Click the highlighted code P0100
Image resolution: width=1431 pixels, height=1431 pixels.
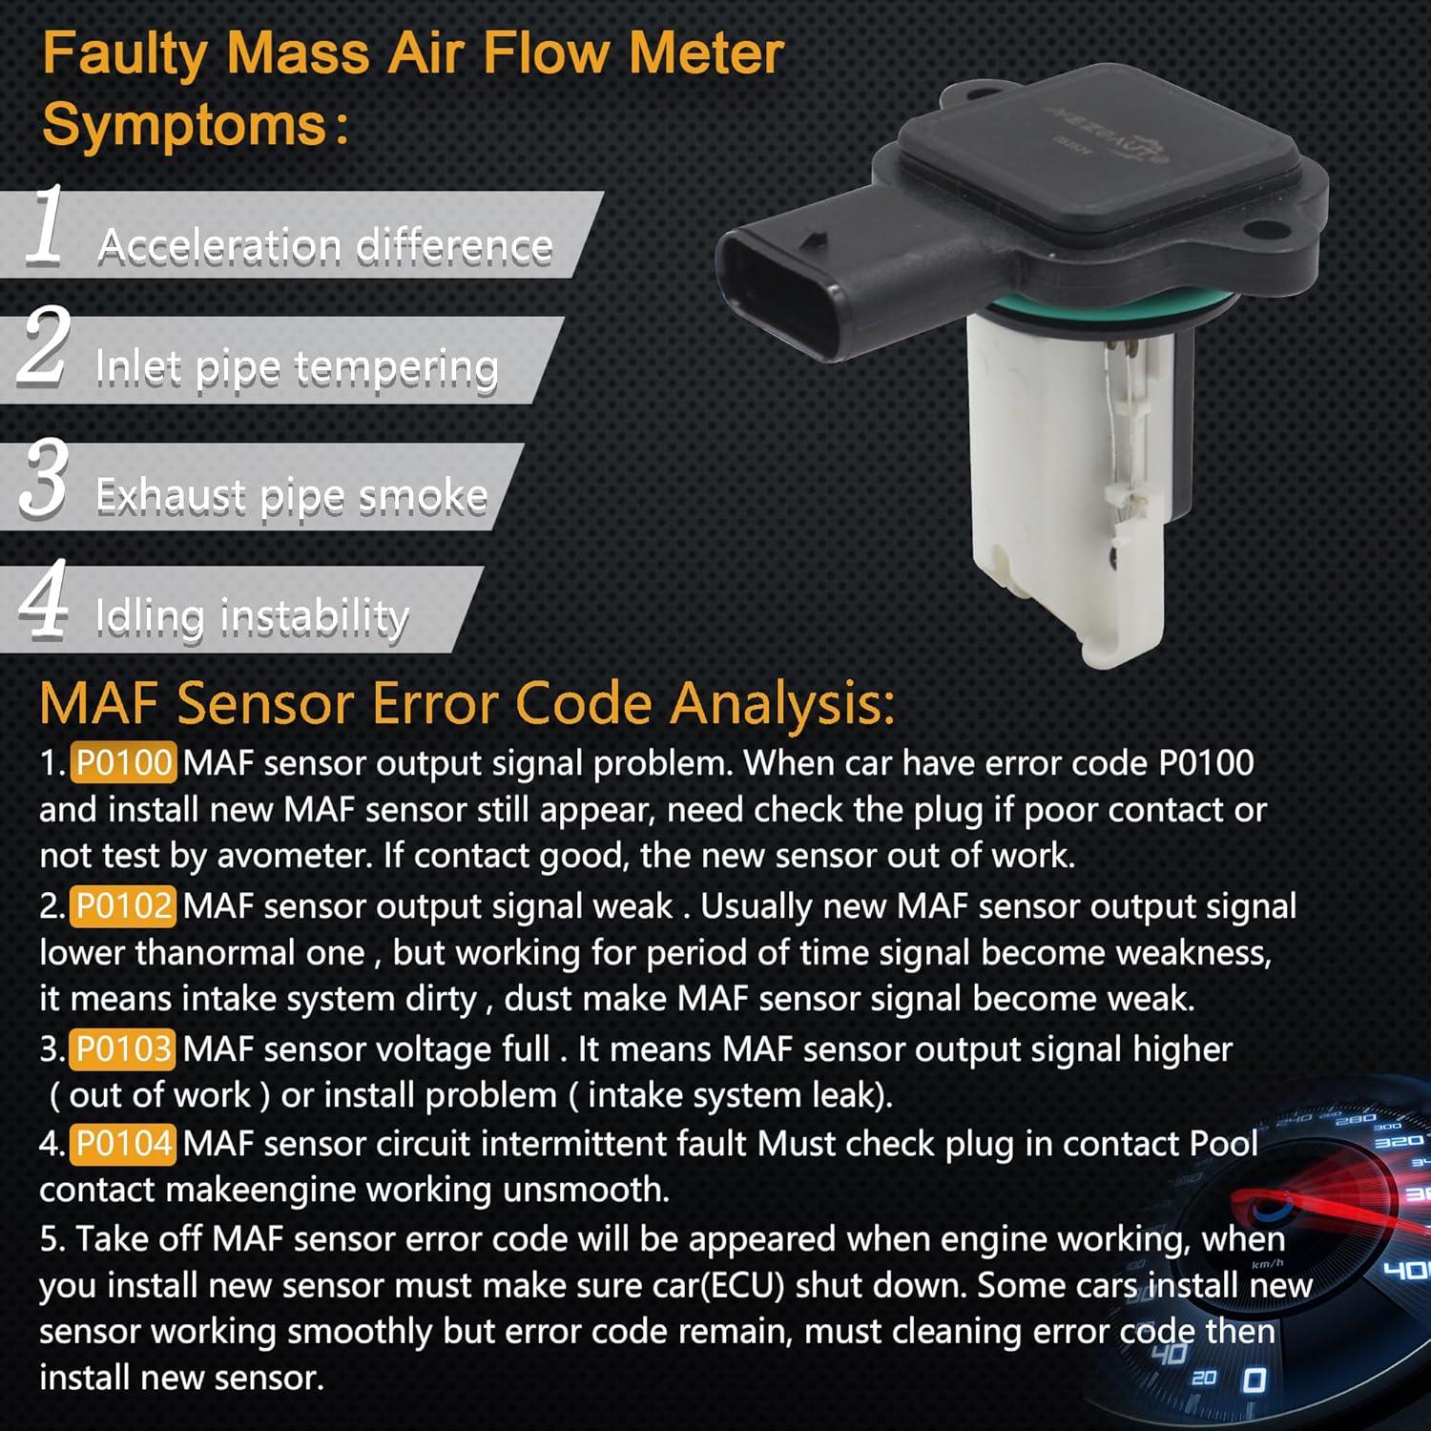point(123,763)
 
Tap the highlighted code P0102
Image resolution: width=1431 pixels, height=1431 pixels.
point(123,906)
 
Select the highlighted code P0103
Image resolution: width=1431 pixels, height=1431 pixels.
point(123,1049)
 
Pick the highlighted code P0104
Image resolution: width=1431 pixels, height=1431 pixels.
point(123,1143)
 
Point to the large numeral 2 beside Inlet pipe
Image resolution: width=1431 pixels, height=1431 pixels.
point(44,347)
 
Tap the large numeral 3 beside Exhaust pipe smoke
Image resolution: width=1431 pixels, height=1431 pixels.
point(44,479)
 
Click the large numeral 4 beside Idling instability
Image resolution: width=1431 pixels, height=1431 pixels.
point(44,599)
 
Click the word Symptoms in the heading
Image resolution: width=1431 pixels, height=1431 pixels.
point(185,125)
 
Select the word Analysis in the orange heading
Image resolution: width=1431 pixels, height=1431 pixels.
point(782,704)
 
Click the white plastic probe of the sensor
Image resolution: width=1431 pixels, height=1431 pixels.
point(1068,496)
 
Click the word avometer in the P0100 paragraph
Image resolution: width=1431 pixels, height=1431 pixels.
point(294,856)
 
